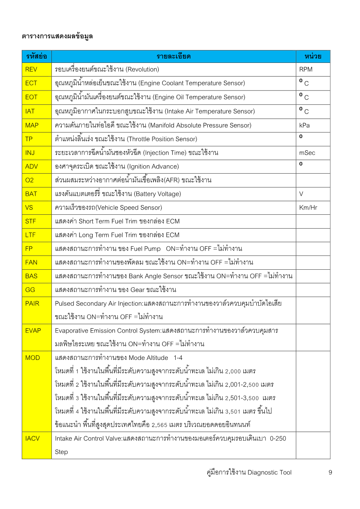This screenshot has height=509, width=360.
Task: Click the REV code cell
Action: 31,70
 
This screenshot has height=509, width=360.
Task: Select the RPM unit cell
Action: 306,70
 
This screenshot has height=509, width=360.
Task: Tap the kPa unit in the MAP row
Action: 305,125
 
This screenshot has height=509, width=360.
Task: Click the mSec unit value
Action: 307,153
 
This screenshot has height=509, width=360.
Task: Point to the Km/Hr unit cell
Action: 308,208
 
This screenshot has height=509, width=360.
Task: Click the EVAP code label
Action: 33,331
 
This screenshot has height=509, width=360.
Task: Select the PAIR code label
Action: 32,303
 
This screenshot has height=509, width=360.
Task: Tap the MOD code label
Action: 32,358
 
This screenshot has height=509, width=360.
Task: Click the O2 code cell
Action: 30,180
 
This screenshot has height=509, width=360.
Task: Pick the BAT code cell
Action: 31,194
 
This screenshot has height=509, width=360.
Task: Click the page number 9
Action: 330,472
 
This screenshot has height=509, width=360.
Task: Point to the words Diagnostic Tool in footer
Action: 269,472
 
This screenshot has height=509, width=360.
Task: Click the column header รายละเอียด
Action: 174,57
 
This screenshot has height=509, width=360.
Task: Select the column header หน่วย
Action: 313,57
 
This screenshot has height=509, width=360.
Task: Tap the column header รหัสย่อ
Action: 36,57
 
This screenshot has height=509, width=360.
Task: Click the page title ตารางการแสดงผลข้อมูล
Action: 57,36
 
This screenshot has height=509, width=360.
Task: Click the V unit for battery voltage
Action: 301,194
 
